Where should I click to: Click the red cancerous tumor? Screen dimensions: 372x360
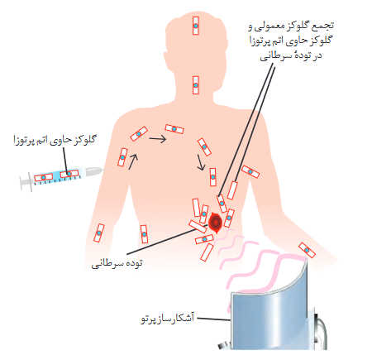(x=215, y=223)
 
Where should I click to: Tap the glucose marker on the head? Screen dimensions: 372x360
(x=196, y=26)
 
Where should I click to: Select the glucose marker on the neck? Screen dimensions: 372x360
(x=196, y=85)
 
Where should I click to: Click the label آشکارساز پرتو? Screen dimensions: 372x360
(x=168, y=318)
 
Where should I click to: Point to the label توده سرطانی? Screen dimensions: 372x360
(x=117, y=263)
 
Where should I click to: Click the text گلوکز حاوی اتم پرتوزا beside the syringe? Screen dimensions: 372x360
(x=55, y=140)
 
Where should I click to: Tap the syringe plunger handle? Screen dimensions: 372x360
(x=26, y=181)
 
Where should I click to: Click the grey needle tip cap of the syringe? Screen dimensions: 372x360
(x=92, y=171)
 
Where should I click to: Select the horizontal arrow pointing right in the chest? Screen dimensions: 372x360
(x=158, y=138)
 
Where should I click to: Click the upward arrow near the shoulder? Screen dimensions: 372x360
(x=133, y=161)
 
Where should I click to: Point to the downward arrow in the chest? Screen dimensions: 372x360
(x=201, y=163)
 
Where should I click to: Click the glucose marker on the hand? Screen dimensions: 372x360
(x=307, y=250)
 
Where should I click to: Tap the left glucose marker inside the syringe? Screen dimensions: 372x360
(x=44, y=177)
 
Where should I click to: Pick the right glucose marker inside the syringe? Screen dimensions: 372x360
(x=69, y=174)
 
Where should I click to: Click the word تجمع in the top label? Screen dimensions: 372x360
(x=323, y=26)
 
